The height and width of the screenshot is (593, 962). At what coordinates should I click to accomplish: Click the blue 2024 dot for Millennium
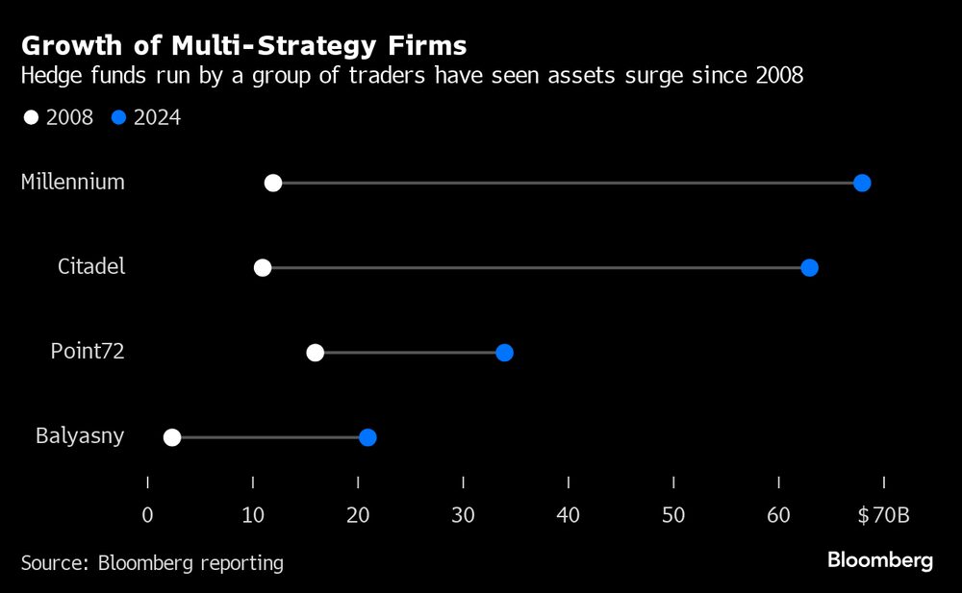point(862,183)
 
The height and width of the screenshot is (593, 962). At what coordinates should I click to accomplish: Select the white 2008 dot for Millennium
point(273,183)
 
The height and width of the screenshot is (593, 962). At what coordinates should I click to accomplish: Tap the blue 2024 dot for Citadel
point(809,267)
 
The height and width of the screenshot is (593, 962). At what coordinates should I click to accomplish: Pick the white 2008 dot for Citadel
point(263,267)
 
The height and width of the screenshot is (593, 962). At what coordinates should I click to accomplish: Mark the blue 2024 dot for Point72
point(504,353)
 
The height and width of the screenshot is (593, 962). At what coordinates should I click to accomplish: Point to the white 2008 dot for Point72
point(315,353)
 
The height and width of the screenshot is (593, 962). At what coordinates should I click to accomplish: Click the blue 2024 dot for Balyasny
point(367,437)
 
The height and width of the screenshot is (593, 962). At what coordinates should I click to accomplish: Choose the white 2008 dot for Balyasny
point(172,437)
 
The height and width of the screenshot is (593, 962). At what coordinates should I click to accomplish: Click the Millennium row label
point(73,182)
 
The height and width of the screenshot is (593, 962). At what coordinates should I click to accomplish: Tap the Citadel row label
point(91,266)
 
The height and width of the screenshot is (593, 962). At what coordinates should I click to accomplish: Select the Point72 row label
point(88,352)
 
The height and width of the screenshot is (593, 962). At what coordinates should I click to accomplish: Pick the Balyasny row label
point(80,436)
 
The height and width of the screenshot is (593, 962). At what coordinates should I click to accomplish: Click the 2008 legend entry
point(60,118)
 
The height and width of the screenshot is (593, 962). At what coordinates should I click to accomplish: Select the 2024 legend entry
point(146,118)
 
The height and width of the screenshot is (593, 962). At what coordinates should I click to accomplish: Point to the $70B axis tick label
point(883,515)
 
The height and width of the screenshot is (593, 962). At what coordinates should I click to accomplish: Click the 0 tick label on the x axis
point(147,515)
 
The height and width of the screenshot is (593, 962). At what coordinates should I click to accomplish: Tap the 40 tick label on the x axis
point(569,515)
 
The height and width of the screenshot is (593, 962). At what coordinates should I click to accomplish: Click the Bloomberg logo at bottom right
point(880,560)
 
